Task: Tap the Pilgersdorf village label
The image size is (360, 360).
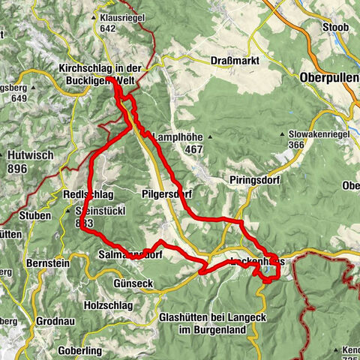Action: (166, 193)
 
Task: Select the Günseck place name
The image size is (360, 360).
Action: (134, 283)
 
